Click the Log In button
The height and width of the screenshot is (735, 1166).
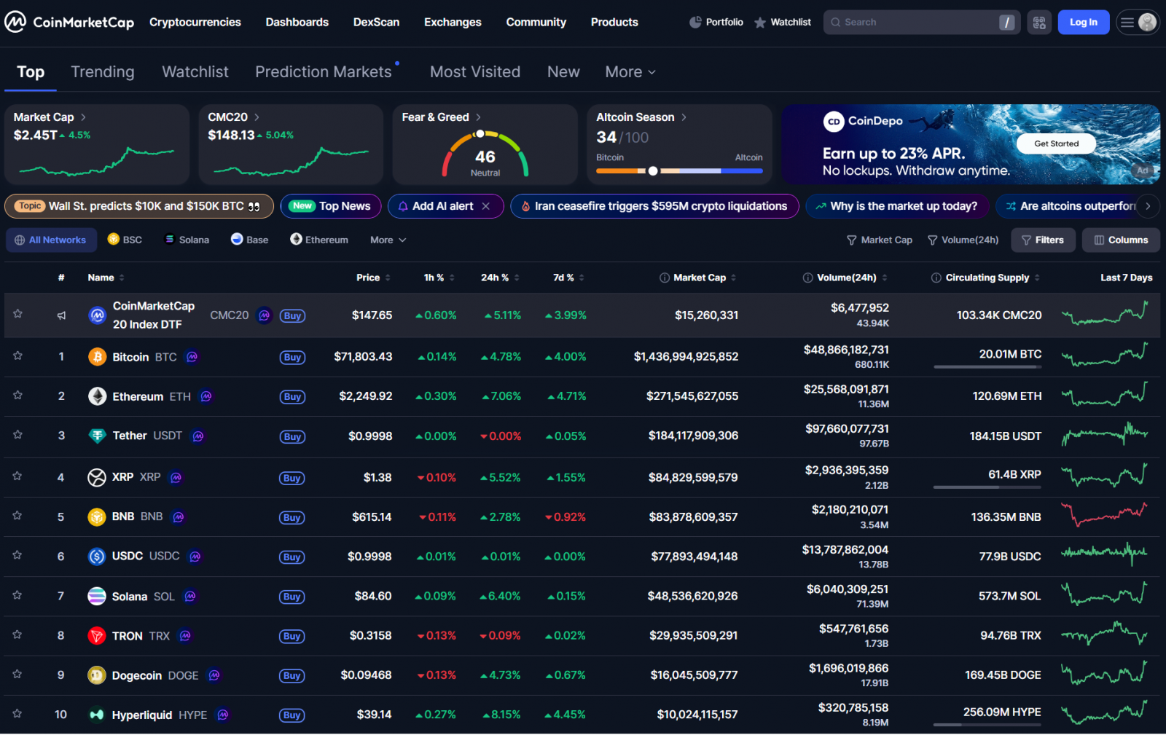(x=1083, y=23)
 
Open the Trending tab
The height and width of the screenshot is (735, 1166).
(x=103, y=72)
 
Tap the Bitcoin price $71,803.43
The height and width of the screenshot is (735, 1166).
(x=363, y=357)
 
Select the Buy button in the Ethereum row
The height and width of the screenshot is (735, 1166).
(x=292, y=397)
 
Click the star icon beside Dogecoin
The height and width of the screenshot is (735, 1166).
(x=17, y=675)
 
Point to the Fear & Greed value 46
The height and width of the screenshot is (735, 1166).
(x=485, y=157)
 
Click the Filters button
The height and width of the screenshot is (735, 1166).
(x=1043, y=240)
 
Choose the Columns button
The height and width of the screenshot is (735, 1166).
(x=1121, y=240)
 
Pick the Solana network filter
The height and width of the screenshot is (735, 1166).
(x=187, y=240)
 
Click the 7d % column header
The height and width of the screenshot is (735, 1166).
(x=563, y=278)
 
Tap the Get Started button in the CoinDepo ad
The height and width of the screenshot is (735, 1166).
(x=1056, y=144)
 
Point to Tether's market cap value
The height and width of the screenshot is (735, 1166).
(x=693, y=436)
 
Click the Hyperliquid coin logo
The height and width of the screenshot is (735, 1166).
(x=97, y=715)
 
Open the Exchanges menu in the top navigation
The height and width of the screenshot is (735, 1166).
(x=453, y=23)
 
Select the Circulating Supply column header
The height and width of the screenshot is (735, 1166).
(x=987, y=278)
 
